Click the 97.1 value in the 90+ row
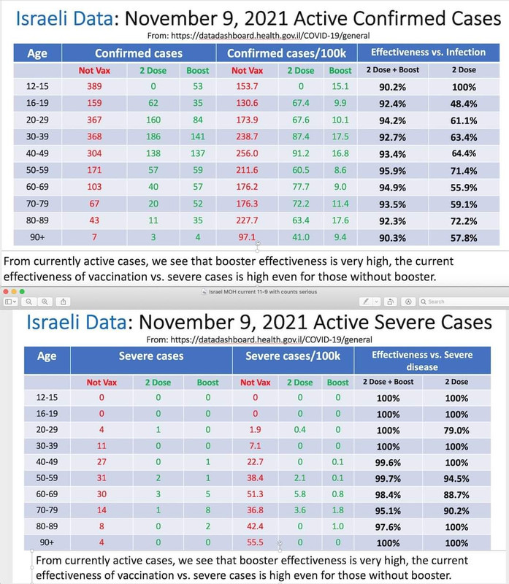(245, 237)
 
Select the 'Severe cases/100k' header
(293, 356)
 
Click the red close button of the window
(7, 291)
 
